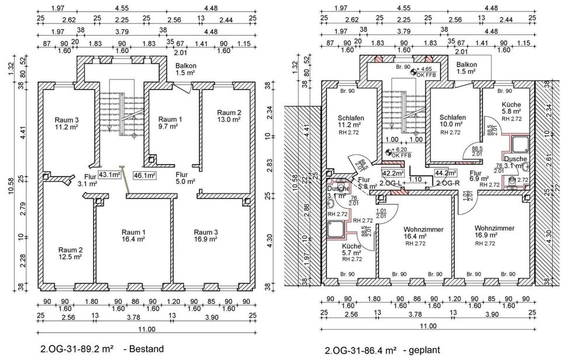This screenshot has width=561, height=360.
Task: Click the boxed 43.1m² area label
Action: click(x=109, y=174)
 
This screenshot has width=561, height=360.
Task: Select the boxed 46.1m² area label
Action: click(x=144, y=175)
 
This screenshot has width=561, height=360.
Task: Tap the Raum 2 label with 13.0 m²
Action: click(x=229, y=116)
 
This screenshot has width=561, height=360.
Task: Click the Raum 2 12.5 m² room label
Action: click(x=70, y=253)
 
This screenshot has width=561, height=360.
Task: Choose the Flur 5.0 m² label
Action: click(x=186, y=178)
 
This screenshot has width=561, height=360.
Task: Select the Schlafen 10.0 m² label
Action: click(x=452, y=121)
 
